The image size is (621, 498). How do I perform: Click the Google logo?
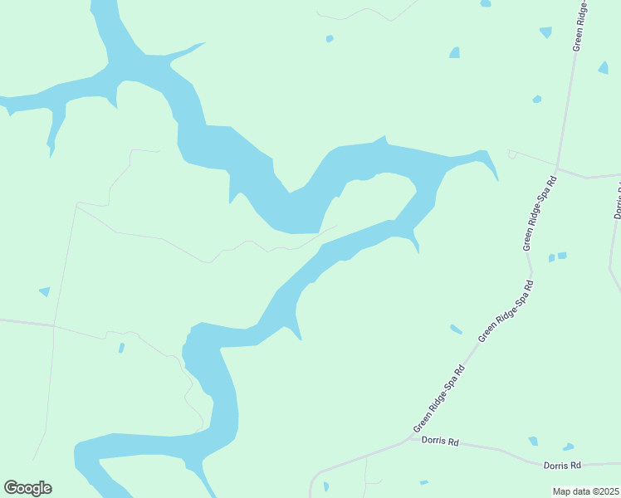(x=27, y=488)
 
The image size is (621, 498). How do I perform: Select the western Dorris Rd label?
(x=440, y=442)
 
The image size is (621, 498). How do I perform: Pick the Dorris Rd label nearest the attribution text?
(x=562, y=466)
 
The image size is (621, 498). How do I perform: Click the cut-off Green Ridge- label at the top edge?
(x=580, y=25)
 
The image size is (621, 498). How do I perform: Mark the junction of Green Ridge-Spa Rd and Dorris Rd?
(x=408, y=439)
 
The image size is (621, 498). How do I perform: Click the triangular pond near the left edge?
(x=45, y=291)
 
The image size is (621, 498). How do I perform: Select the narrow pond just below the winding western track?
(x=121, y=348)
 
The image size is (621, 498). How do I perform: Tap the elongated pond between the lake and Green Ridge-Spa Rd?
(x=456, y=330)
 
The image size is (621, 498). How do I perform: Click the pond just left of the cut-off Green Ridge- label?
(x=545, y=32)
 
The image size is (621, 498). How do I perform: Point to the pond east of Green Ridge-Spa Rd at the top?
(x=604, y=67)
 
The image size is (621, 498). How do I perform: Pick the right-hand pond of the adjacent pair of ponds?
(x=562, y=256)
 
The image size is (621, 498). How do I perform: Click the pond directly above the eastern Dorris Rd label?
(x=568, y=447)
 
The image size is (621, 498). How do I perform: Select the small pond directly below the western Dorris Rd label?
(x=424, y=482)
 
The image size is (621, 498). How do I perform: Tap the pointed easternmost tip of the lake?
(x=496, y=178)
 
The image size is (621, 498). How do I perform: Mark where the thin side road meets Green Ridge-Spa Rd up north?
(x=557, y=168)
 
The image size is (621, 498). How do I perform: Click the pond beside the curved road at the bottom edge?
(x=325, y=486)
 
